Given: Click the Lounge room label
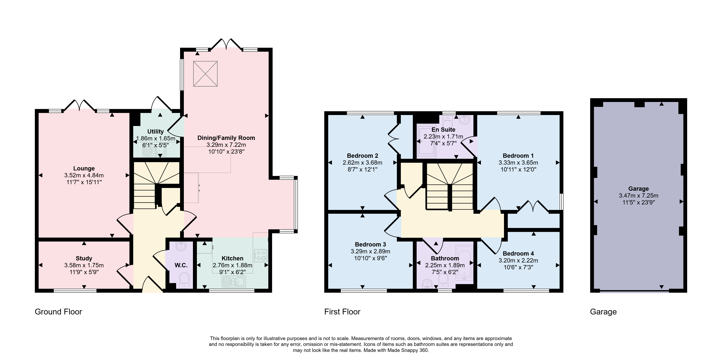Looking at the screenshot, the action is click(x=84, y=168).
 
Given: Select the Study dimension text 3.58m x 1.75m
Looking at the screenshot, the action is click(x=84, y=265).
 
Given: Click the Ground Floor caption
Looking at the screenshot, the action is click(x=58, y=312).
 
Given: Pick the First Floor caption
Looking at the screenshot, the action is click(x=342, y=312).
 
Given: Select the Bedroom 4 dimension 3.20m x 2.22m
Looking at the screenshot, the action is click(x=518, y=260).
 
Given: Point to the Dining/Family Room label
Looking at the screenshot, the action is click(x=226, y=138).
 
